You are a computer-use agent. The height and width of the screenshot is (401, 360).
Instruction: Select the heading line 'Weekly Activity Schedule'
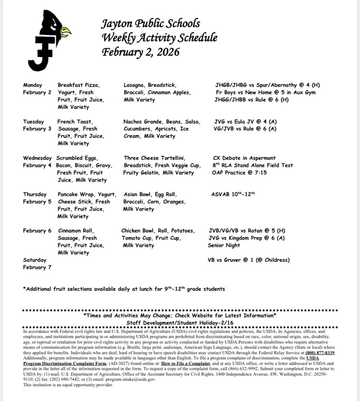pyautogui.click(x=159, y=37)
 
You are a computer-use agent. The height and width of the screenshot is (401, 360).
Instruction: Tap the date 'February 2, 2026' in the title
pyautogui.click(x=140, y=52)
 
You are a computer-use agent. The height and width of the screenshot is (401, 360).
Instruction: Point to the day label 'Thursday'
pyautogui.click(x=35, y=194)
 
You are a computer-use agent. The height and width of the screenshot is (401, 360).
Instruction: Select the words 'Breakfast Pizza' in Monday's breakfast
pyautogui.click(x=79, y=85)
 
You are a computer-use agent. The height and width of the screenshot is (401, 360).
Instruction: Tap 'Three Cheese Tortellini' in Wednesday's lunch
pyautogui.click(x=154, y=158)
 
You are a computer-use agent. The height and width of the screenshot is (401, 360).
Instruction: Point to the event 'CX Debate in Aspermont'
pyautogui.click(x=244, y=158)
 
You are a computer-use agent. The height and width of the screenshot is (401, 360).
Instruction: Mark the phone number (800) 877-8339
pyautogui.click(x=320, y=353)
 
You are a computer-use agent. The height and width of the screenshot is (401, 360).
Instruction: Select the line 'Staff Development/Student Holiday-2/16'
pyautogui.click(x=180, y=324)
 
